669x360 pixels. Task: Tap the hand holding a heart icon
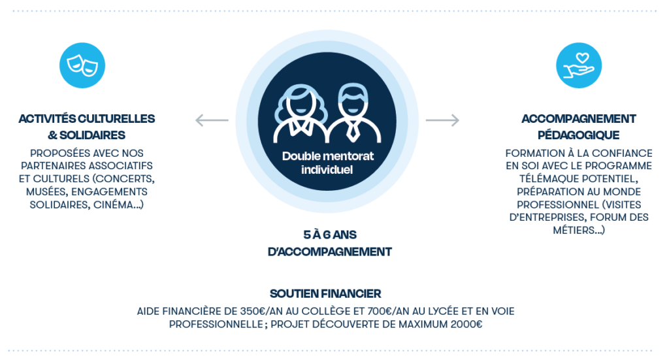click(x=578, y=65)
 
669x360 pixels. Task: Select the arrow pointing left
click(x=212, y=120)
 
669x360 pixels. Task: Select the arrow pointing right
click(x=442, y=120)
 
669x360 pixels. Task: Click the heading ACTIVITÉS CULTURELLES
click(x=86, y=119)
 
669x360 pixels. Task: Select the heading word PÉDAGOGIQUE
click(x=578, y=135)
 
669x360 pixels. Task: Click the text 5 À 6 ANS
click(x=330, y=235)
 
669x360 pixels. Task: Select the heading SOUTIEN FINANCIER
click(x=325, y=294)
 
